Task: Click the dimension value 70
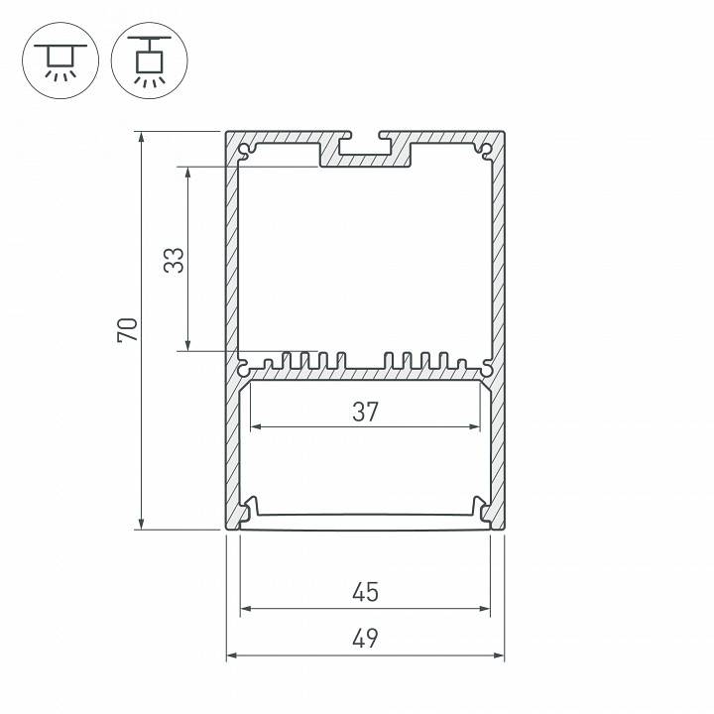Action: point(127,330)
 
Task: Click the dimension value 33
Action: point(174,260)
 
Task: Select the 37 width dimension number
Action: point(365,412)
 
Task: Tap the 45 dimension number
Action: point(365,592)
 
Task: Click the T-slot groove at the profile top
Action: point(364,150)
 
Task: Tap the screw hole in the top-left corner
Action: point(245,151)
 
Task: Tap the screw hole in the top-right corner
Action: point(485,151)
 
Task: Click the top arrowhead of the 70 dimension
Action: point(143,138)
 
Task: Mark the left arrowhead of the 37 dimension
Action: point(254,427)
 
